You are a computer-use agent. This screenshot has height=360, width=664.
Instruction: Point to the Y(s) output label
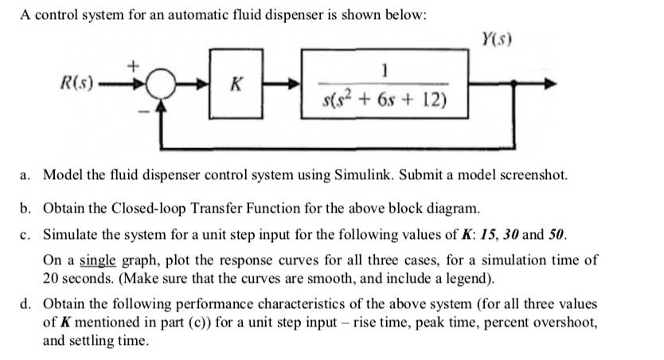(496, 40)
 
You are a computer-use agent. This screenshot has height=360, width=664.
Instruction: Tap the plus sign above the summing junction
(135, 61)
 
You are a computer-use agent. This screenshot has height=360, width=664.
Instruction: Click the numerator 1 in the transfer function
(385, 72)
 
